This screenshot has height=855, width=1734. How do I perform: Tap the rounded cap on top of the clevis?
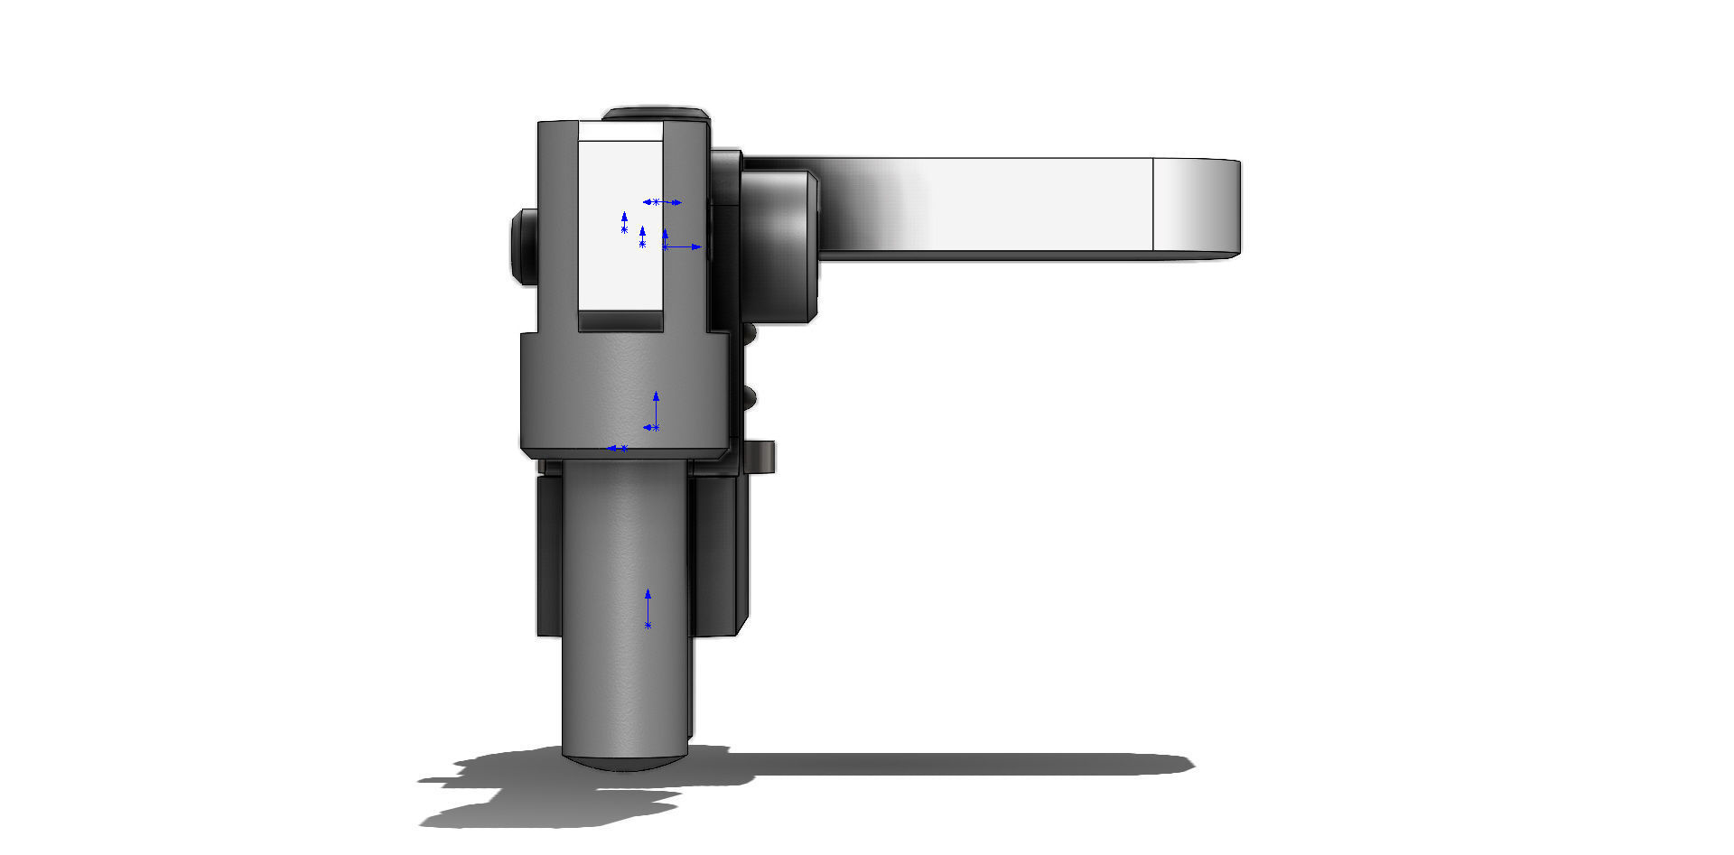[657, 114]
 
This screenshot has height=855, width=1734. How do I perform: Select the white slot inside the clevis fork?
[620, 262]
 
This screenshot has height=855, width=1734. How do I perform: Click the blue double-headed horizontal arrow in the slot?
[662, 202]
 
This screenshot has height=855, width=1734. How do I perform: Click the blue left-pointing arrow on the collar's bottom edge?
[618, 448]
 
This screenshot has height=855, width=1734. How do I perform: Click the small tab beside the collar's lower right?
[760, 456]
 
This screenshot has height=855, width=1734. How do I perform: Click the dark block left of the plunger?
[549, 555]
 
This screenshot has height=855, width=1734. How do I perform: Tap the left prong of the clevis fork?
[557, 226]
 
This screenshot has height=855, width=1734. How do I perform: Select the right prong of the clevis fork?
[685, 226]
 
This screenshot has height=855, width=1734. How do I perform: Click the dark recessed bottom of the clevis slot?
[620, 321]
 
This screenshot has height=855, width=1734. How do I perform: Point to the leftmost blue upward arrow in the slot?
[624, 222]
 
